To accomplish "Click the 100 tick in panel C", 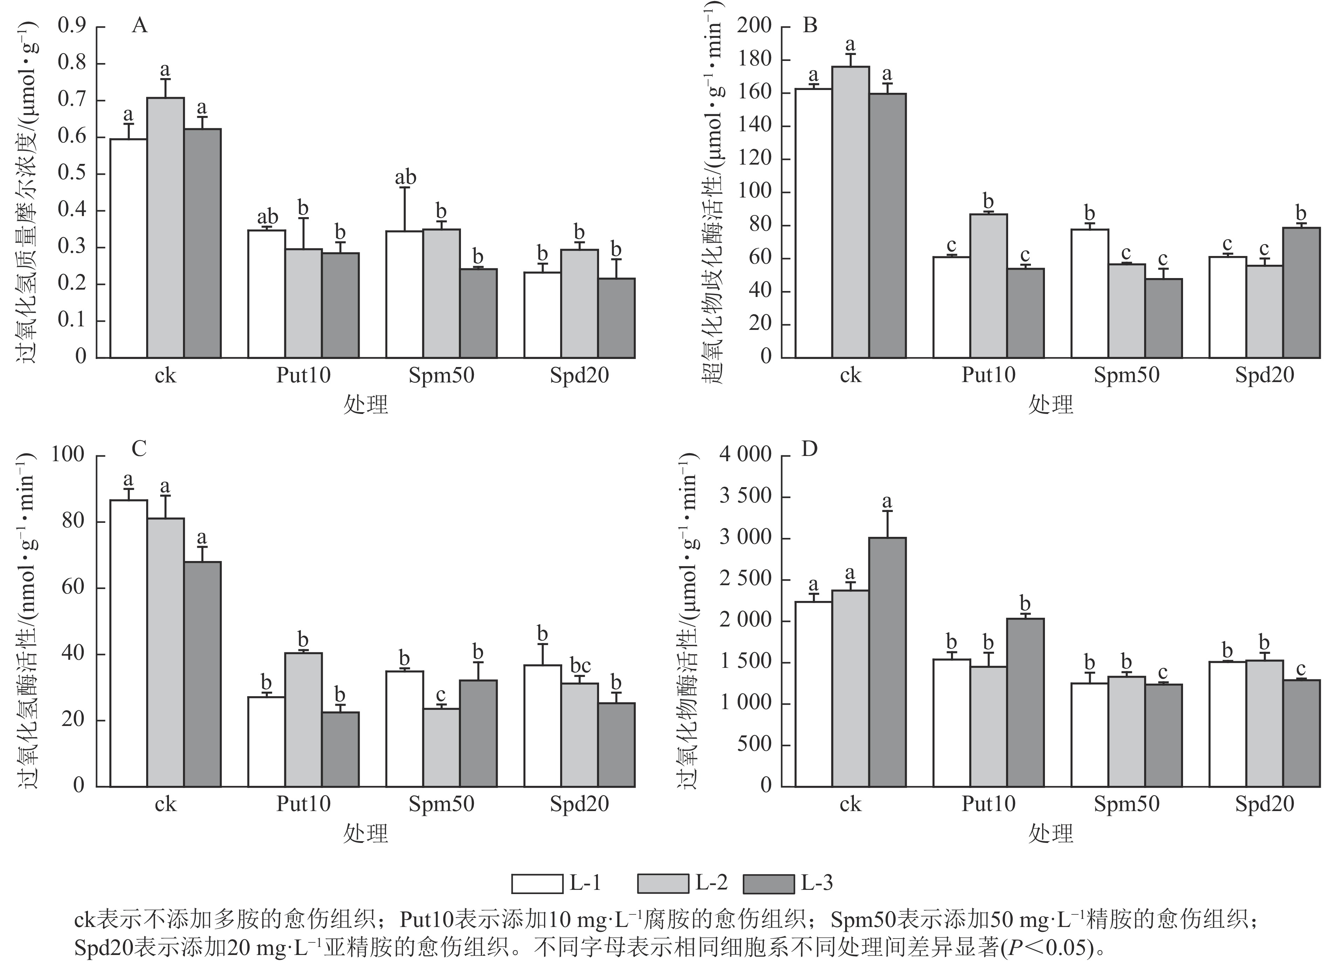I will [x=68, y=454].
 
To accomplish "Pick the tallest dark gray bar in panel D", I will [x=887, y=662].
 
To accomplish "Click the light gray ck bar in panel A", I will [x=165, y=228].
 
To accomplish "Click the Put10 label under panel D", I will [x=988, y=804].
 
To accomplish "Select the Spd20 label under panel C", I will [x=579, y=804].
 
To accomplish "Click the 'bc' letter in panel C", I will [x=579, y=665].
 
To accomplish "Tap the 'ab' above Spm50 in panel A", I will [x=406, y=178].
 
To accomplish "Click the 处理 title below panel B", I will [x=1051, y=404].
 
